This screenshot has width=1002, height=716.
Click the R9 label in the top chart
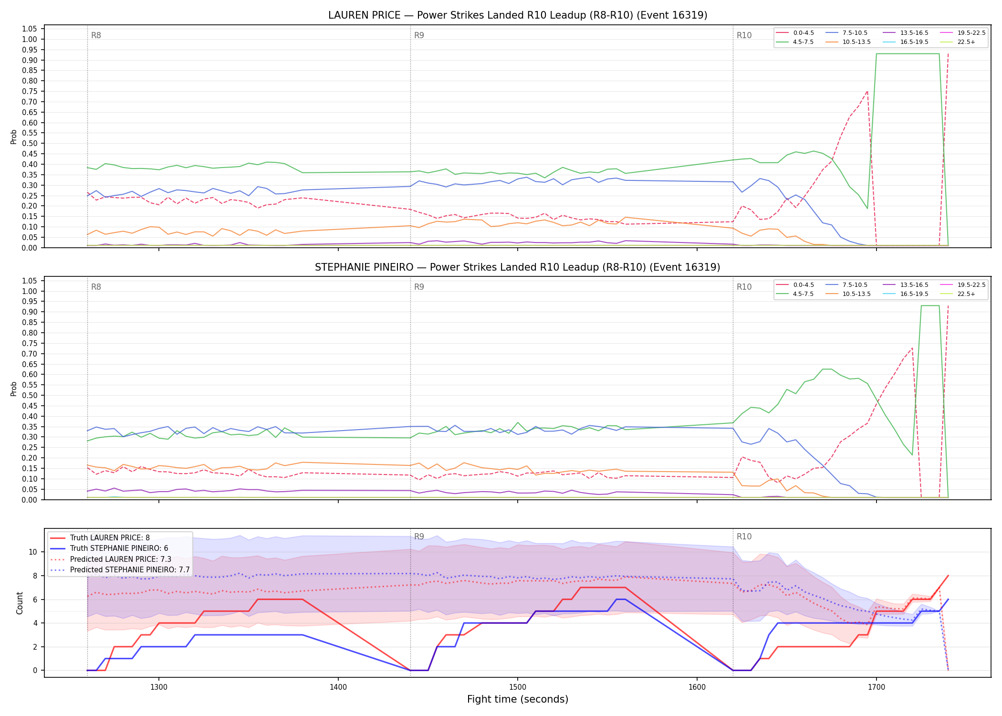point(419,35)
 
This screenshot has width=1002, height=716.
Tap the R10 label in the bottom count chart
point(744,537)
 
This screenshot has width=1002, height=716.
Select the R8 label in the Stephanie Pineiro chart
point(96,287)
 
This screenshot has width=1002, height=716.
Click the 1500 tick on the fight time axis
point(518,687)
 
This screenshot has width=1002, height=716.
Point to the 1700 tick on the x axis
point(876,687)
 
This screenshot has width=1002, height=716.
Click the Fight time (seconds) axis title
point(518,699)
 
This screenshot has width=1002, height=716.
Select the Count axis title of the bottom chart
point(20,603)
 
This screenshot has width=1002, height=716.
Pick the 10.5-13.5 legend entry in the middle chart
point(848,294)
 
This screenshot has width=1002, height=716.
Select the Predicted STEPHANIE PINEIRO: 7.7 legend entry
point(120,570)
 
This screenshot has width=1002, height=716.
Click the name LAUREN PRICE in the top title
point(364,15)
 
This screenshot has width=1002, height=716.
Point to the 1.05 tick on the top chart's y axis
point(30,29)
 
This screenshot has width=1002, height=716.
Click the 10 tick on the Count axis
point(33,552)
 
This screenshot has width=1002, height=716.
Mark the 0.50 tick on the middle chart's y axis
point(30,395)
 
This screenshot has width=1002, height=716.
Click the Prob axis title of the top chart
point(14,137)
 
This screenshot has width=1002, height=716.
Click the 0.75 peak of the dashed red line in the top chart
point(867,91)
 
